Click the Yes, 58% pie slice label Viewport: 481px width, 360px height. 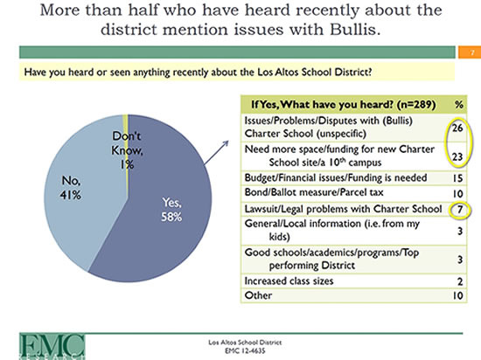[x=171, y=210]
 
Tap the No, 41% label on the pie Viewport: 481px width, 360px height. [x=71, y=188]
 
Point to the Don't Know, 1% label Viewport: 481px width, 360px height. [x=127, y=150]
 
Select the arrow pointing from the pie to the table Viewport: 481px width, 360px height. [x=216, y=152]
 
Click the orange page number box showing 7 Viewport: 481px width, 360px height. [x=469, y=52]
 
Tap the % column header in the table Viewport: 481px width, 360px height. [x=458, y=105]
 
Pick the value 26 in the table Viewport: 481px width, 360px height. [x=457, y=128]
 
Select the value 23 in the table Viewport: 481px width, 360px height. [x=457, y=156]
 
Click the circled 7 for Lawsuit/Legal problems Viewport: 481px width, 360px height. [x=459, y=210]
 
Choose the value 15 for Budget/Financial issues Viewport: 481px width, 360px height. [x=457, y=178]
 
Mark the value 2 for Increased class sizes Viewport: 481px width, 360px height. [x=460, y=281]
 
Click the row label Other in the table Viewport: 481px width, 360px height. [x=258, y=295]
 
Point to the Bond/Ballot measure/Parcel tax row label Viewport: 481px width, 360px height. [x=314, y=192]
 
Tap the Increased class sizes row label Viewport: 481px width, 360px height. [x=289, y=281]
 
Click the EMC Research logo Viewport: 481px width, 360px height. [x=52, y=347]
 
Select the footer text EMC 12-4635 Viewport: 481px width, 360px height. [x=245, y=350]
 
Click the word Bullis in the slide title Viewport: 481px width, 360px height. [x=355, y=30]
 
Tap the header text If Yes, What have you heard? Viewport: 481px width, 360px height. [x=322, y=105]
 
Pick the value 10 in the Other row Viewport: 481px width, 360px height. [x=457, y=295]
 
